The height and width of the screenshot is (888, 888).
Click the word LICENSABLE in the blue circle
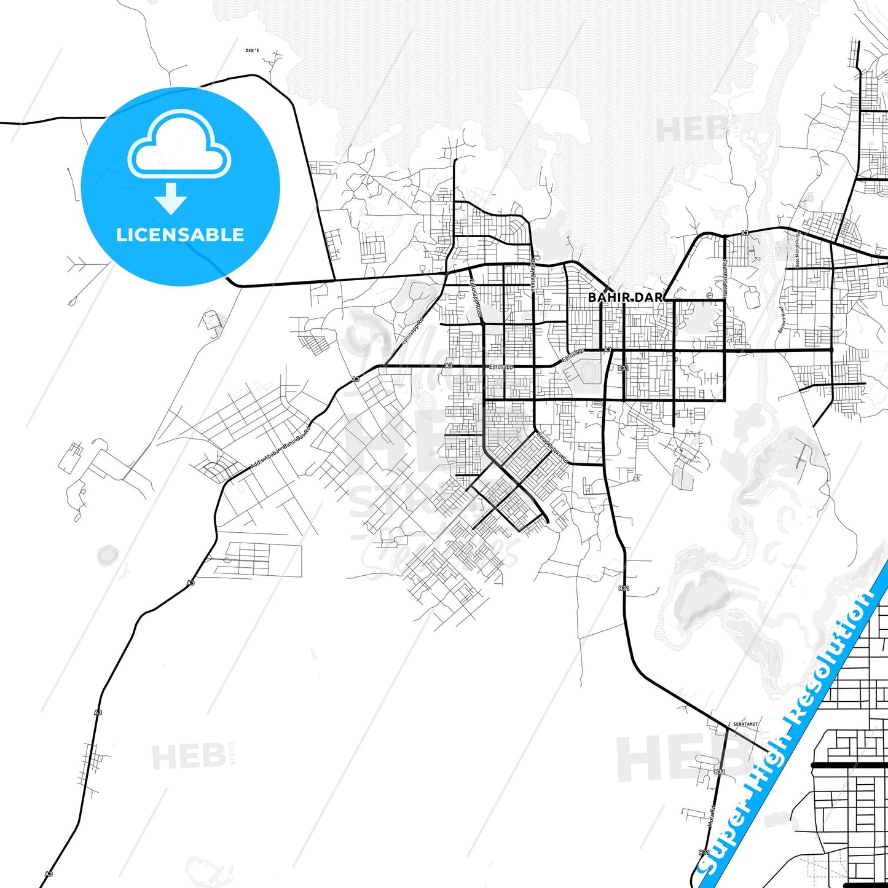(180, 234)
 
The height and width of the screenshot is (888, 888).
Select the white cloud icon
(179, 144)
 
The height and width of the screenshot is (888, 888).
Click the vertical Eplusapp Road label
(476, 300)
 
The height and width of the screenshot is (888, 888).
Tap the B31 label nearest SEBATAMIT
(720, 772)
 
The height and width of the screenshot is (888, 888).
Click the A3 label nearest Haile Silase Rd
(744, 233)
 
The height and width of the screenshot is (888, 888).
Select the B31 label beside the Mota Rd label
(704, 852)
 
